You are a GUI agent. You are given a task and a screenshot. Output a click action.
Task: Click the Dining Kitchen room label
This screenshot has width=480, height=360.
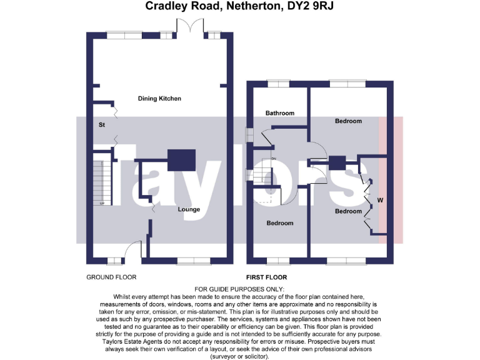tap(159, 99)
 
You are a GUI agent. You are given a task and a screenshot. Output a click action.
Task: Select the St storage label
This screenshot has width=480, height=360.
tap(101, 125)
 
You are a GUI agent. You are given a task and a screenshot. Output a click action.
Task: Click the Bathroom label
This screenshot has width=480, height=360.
tap(279, 113)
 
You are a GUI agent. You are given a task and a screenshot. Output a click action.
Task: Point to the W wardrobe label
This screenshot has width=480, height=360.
tap(379, 201)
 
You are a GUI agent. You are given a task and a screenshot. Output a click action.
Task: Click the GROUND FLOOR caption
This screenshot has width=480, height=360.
tap(111, 277)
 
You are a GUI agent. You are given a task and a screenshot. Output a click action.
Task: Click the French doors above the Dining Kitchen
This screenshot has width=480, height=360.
tap(190, 27)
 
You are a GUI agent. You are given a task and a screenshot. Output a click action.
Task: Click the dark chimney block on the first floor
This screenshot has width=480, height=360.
tap(337, 162)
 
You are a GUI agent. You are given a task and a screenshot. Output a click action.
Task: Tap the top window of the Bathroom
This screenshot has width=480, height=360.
tap(276, 83)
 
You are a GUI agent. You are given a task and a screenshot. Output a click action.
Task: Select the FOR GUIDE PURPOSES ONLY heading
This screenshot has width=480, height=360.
tap(239, 289)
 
